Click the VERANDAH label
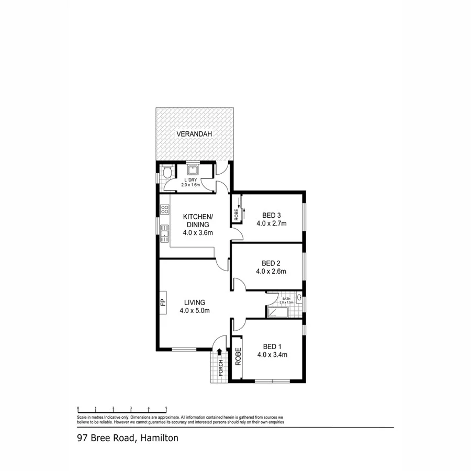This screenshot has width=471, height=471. (194, 134)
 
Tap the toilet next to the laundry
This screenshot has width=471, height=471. (167, 172)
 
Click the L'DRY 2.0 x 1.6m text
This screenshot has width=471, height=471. (191, 182)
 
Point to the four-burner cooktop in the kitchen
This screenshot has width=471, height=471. (164, 209)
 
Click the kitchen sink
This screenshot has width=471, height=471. (164, 231)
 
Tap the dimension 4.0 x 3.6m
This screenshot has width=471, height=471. (197, 233)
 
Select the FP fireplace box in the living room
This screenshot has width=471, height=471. (163, 302)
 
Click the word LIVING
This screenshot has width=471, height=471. (194, 302)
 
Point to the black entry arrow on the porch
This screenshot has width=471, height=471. (219, 353)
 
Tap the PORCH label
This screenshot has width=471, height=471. (221, 368)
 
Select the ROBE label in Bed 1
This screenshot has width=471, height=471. (238, 356)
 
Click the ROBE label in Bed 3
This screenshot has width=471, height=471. (236, 214)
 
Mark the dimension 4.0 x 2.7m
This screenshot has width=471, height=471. (272, 223)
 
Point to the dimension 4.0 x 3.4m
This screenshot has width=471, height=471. (271, 355)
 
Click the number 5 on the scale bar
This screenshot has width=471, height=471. (166, 407)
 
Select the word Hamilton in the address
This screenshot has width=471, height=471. (159, 438)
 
